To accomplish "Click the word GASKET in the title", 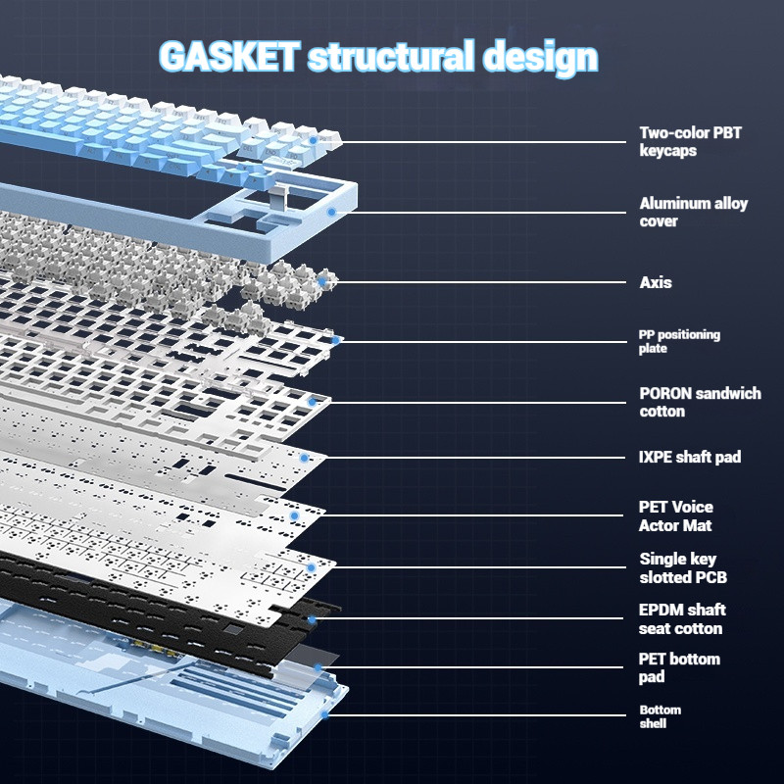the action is click(x=227, y=57).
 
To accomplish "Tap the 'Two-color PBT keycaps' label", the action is click(x=690, y=141).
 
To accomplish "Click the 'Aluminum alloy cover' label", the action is click(x=693, y=212).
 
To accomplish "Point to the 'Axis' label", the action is click(x=656, y=282).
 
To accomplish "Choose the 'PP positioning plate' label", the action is click(x=679, y=341).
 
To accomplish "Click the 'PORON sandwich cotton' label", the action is click(x=700, y=402).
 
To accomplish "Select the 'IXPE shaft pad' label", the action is click(x=690, y=457).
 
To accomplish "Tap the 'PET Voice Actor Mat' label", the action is click(x=676, y=515).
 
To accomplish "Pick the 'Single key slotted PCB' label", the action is click(x=683, y=567).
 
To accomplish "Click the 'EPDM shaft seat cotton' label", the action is click(x=682, y=618).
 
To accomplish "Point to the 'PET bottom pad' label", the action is click(x=679, y=667).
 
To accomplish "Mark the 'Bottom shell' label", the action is click(x=660, y=716).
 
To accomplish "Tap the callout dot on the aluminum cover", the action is click(x=332, y=211).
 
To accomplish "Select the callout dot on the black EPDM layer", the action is click(x=313, y=619).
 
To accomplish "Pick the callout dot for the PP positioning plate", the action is click(x=336, y=340).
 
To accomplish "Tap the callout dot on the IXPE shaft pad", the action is click(x=305, y=457).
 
